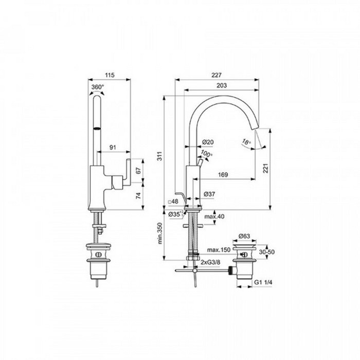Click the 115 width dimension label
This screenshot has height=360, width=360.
110,75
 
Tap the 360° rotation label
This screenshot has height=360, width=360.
98,87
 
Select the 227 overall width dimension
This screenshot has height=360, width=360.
217,75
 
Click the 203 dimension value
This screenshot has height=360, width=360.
222,85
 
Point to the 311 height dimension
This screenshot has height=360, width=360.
160,156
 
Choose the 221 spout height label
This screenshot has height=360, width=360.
265,168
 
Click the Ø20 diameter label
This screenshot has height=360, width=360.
208,142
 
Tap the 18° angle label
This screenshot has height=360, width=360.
246,142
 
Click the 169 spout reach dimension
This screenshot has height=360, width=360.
223,175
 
